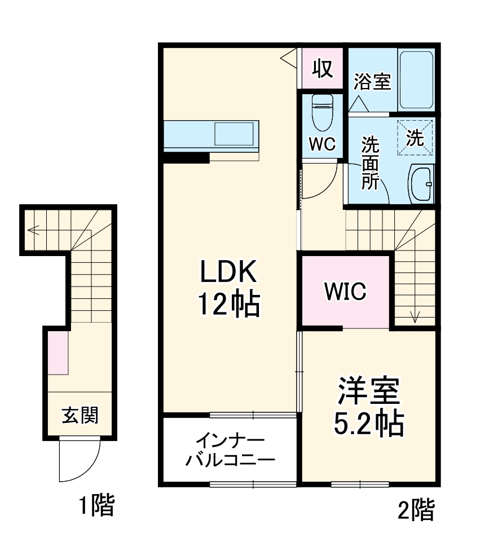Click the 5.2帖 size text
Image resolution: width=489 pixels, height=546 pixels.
[369, 423]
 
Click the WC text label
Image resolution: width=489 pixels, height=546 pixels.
[322, 144]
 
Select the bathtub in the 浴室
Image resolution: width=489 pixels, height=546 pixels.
[416, 81]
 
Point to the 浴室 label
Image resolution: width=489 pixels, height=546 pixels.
[372, 82]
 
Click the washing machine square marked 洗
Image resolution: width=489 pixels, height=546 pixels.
[416, 137]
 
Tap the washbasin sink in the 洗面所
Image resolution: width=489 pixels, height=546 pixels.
[421, 184]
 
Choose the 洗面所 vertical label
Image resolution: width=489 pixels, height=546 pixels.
[370, 164]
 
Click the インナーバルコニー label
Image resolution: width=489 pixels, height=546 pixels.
[230, 450]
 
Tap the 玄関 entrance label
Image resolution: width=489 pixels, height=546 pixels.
[80, 416]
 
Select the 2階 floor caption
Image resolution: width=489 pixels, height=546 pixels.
[416, 510]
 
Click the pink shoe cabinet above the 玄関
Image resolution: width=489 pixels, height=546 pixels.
[58, 353]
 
